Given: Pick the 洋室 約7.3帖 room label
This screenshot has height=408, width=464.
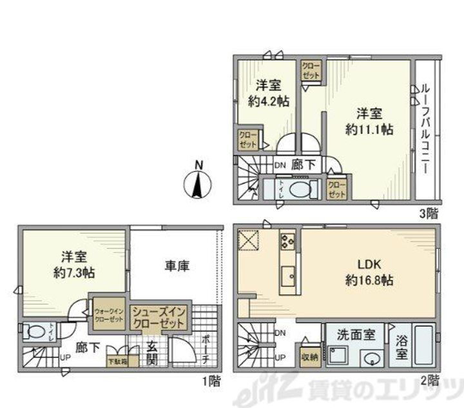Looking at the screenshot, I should [x=72, y=263].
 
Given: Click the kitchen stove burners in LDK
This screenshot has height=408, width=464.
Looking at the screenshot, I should [x=287, y=243].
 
